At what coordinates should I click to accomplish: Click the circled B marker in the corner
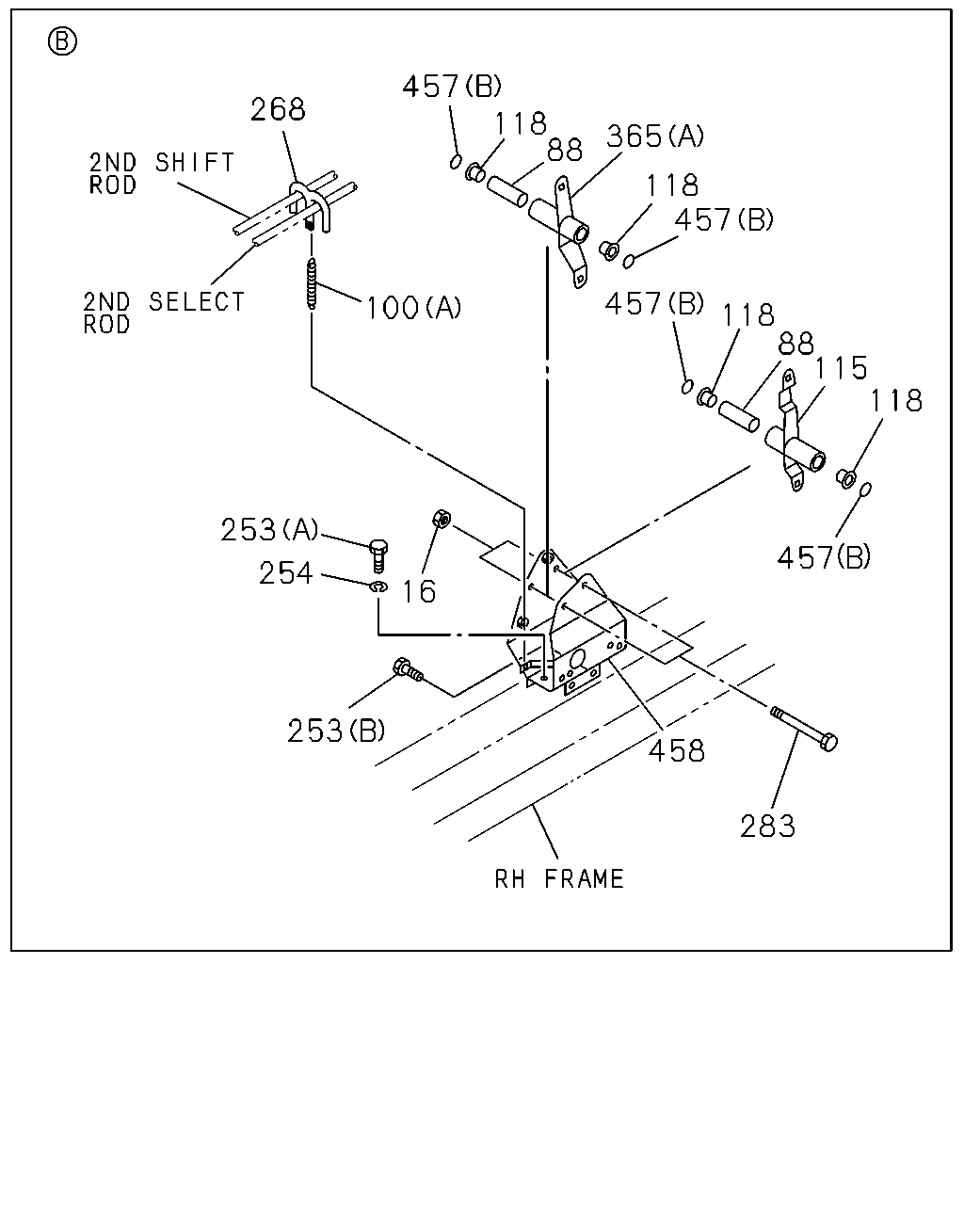[62, 42]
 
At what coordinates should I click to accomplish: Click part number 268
[278, 109]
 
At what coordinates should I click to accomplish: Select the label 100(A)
[413, 308]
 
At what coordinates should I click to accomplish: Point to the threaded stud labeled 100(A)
[312, 283]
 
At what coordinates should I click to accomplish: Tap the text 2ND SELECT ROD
[164, 313]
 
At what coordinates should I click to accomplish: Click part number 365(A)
[655, 137]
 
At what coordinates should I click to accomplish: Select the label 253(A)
[269, 529]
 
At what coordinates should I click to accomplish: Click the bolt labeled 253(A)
[379, 556]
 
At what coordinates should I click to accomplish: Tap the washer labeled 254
[378, 586]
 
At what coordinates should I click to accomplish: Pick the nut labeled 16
[442, 519]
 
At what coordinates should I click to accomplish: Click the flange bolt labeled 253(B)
[409, 669]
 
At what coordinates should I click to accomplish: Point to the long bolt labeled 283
[804, 729]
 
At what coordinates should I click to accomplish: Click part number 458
[677, 750]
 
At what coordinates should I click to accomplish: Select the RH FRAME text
[559, 878]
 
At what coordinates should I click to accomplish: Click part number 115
[841, 368]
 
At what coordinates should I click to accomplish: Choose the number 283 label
[767, 826]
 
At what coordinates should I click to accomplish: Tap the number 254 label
[285, 573]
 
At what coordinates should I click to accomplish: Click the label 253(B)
[336, 731]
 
